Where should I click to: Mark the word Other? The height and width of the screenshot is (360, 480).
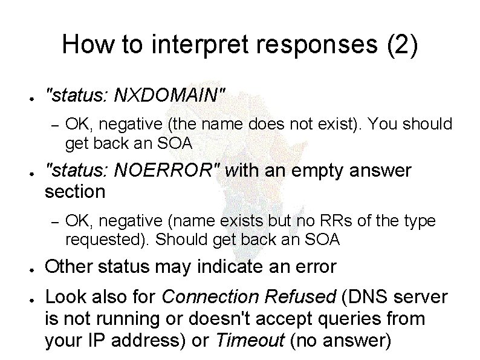tap(71, 266)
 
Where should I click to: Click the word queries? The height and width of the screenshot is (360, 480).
tap(345, 319)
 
